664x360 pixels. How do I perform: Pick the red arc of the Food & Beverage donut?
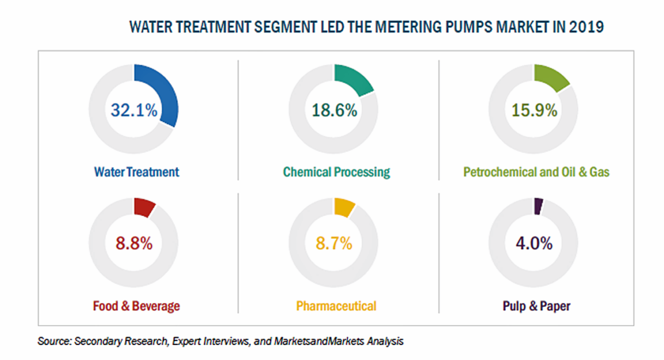click(x=144, y=207)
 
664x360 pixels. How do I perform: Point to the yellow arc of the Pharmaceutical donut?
click(x=344, y=207)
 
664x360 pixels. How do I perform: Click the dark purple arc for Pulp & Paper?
click(x=538, y=206)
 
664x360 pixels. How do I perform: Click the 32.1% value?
click(x=134, y=110)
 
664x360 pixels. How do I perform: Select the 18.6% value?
click(x=334, y=110)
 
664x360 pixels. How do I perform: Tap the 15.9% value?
click(x=534, y=110)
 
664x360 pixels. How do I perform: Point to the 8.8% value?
click(x=134, y=243)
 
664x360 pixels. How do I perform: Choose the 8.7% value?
click(x=334, y=243)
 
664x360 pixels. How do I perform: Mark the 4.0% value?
click(x=534, y=243)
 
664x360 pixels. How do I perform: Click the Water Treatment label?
click(x=136, y=172)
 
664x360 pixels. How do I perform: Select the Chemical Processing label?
click(x=337, y=173)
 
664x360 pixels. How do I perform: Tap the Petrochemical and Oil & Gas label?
click(x=536, y=172)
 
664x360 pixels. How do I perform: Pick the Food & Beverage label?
click(x=136, y=306)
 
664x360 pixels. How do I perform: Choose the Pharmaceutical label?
click(x=336, y=306)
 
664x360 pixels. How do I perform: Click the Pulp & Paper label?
click(x=536, y=306)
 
